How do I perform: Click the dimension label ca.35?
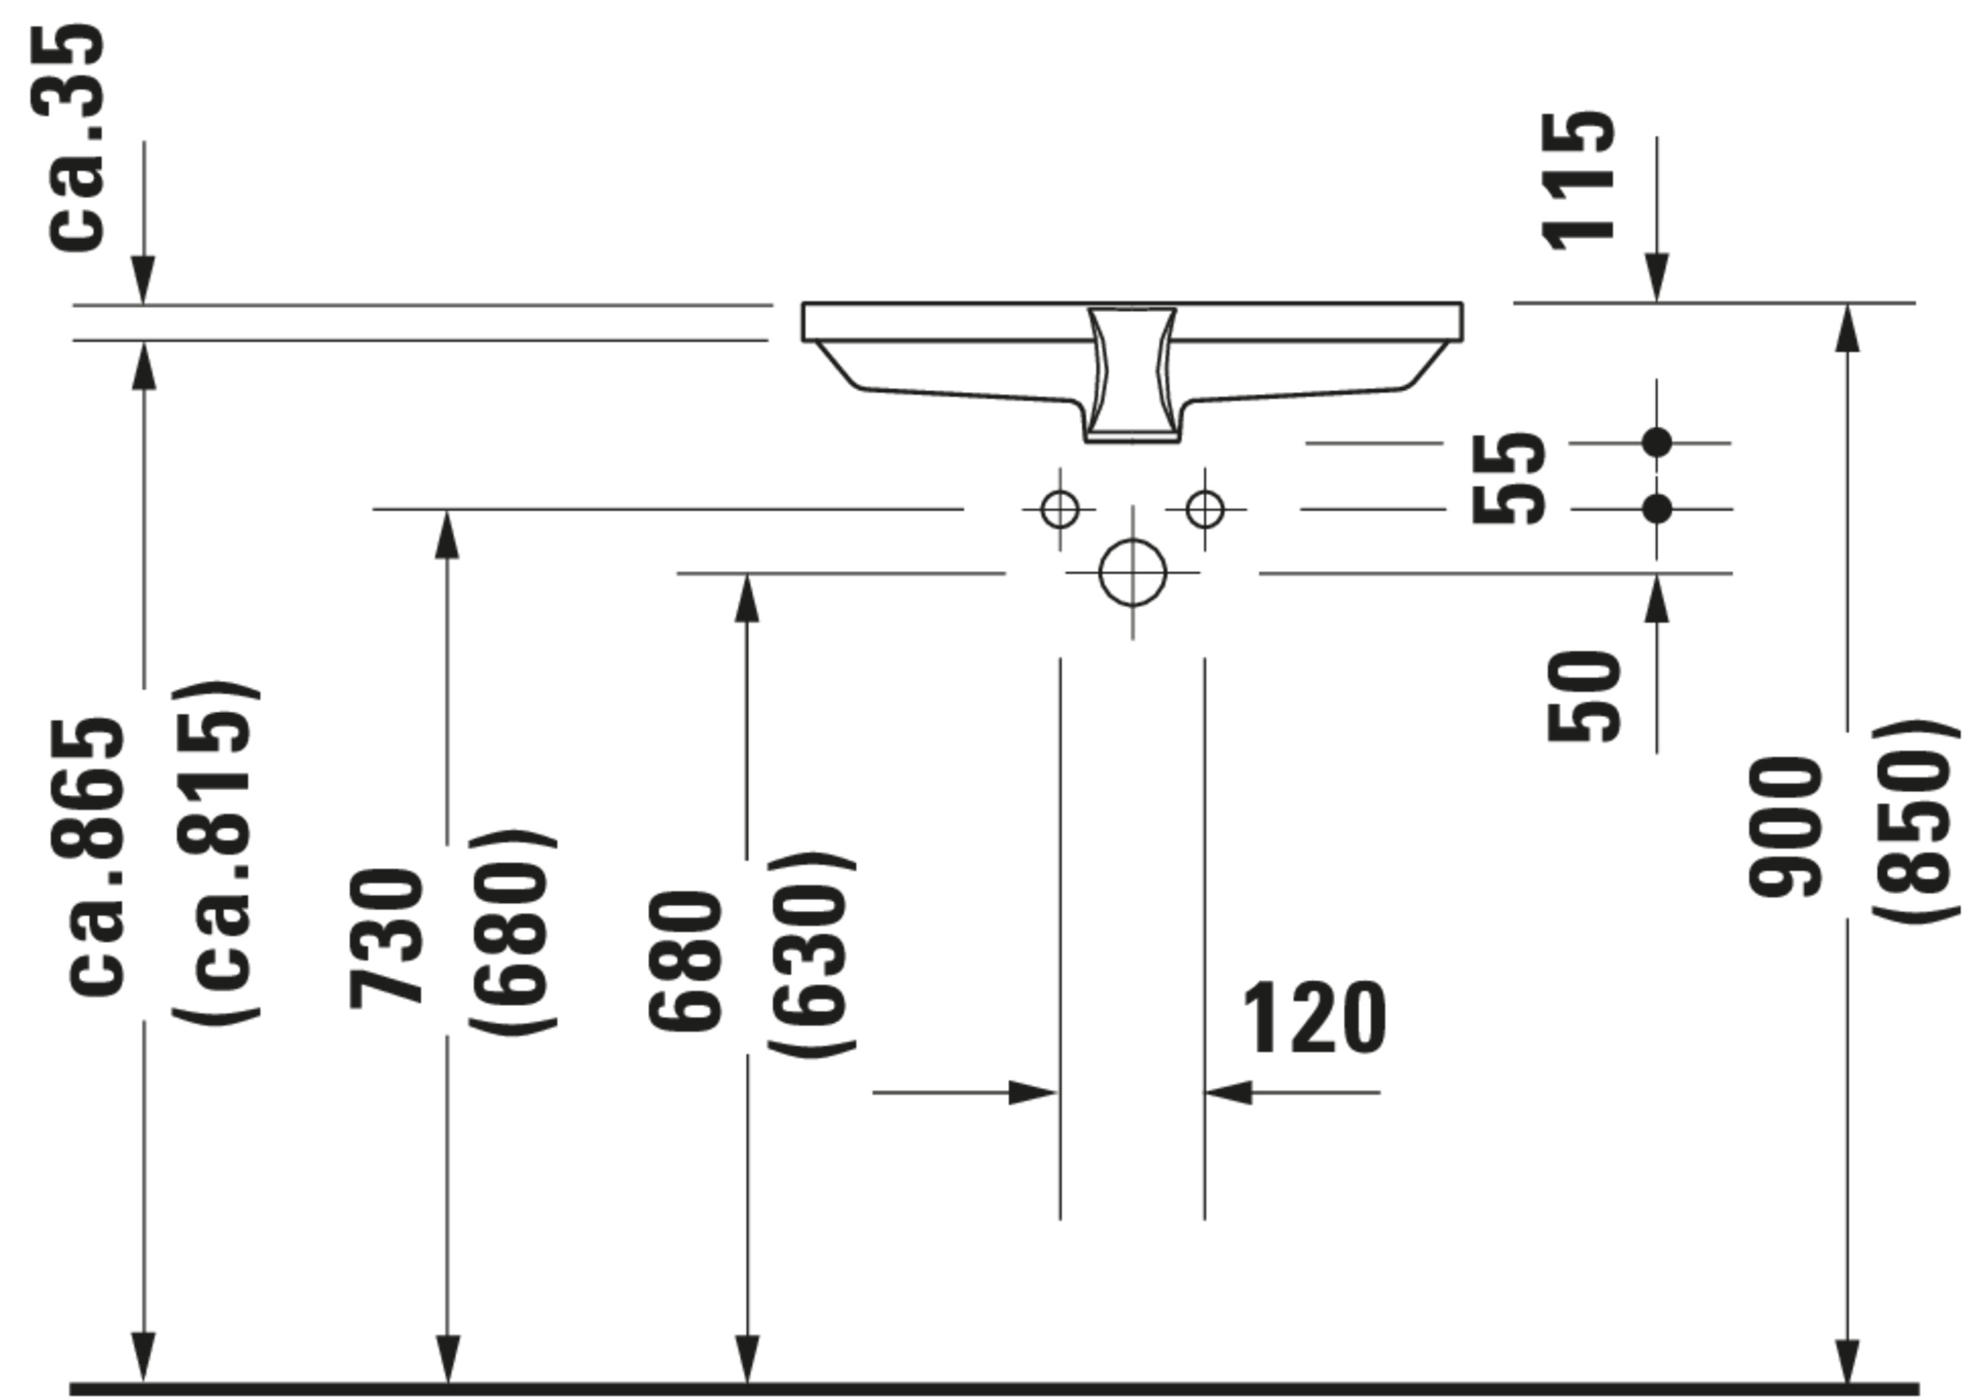76,138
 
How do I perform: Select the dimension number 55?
1508,479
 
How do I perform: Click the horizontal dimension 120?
1314,1018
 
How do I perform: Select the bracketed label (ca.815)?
214,853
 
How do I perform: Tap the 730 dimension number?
386,939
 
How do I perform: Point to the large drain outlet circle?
1132,572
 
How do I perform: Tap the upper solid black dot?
1656,443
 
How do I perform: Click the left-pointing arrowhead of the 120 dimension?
1228,1092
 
